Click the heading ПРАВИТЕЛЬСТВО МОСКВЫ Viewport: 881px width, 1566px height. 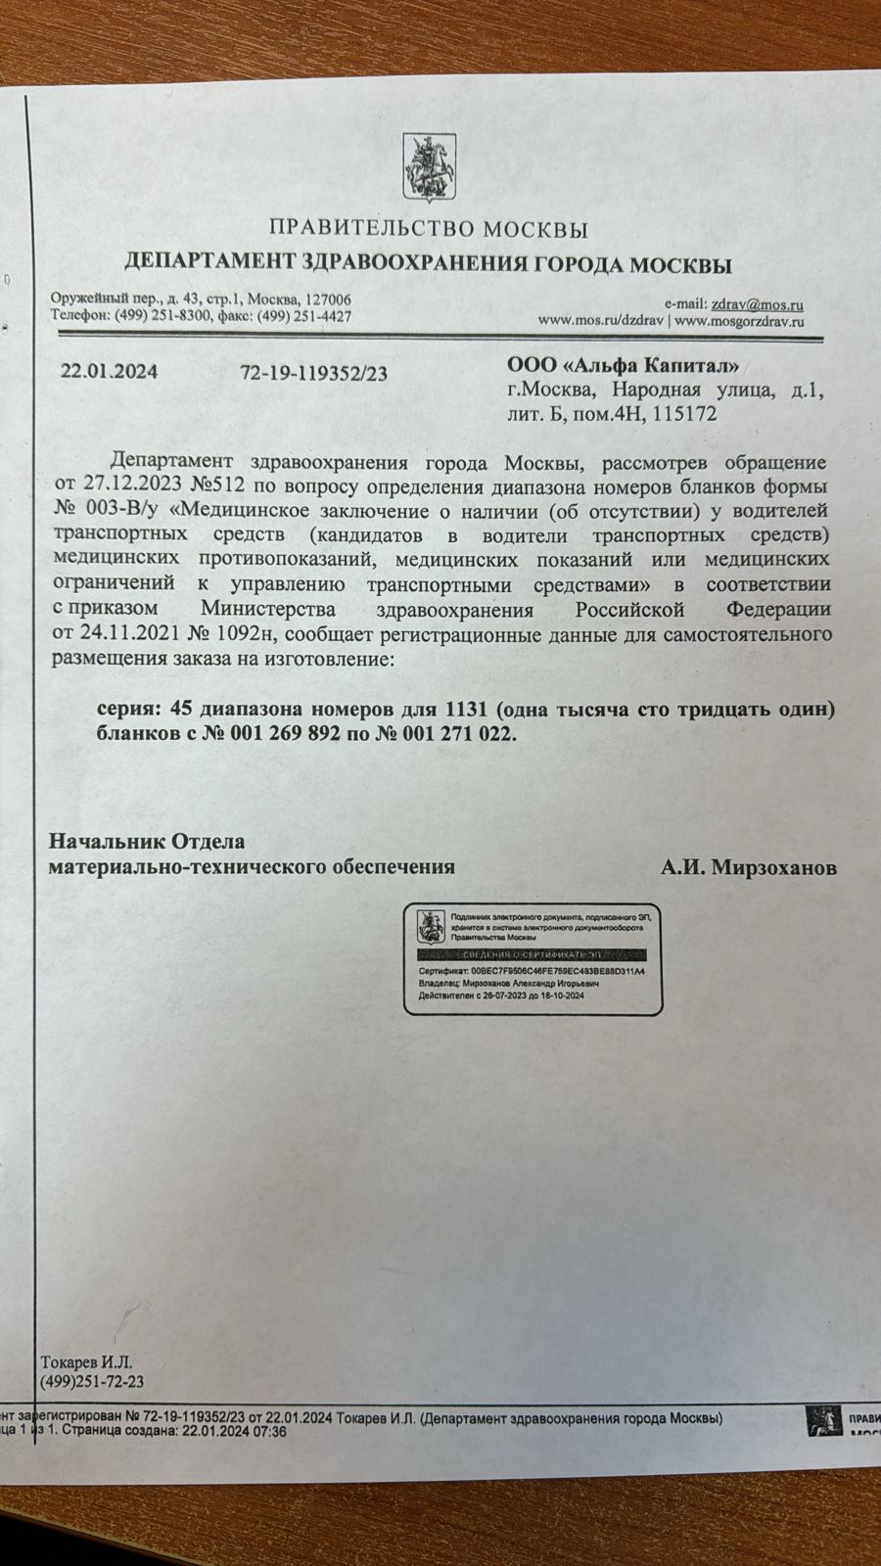[x=429, y=230]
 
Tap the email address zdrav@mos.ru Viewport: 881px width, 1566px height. [x=758, y=304]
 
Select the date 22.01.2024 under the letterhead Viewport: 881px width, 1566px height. [x=109, y=372]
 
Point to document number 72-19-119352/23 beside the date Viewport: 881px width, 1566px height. [x=313, y=373]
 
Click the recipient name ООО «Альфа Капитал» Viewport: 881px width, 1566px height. [x=623, y=366]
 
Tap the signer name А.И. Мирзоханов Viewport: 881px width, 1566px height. [x=748, y=867]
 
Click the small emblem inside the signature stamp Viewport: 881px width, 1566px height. [x=427, y=924]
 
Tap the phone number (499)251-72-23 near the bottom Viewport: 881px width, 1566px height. [x=92, y=1381]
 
